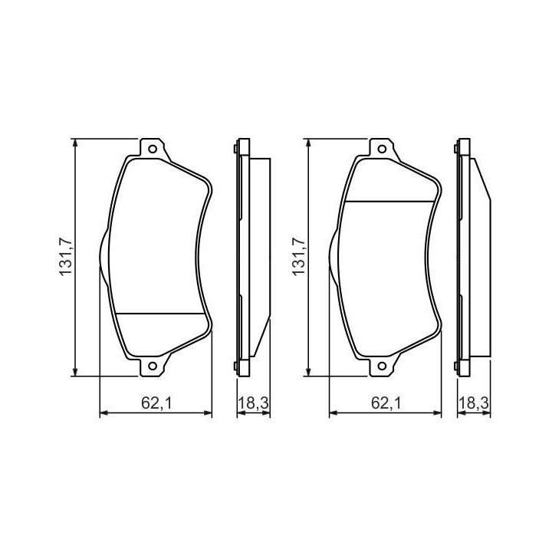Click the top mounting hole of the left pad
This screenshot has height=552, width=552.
click(153, 149)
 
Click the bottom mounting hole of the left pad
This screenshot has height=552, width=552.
click(153, 366)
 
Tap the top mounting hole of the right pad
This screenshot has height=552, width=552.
click(382, 149)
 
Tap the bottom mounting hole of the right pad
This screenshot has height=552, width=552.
click(382, 366)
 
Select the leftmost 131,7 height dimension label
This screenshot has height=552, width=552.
click(66, 257)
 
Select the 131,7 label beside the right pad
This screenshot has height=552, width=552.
click(299, 257)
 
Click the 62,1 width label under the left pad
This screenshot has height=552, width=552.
click(156, 402)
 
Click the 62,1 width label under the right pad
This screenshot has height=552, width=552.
click(386, 402)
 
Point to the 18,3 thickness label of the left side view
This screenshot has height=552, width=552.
click(254, 402)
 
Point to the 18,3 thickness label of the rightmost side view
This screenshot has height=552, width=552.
click(474, 402)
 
